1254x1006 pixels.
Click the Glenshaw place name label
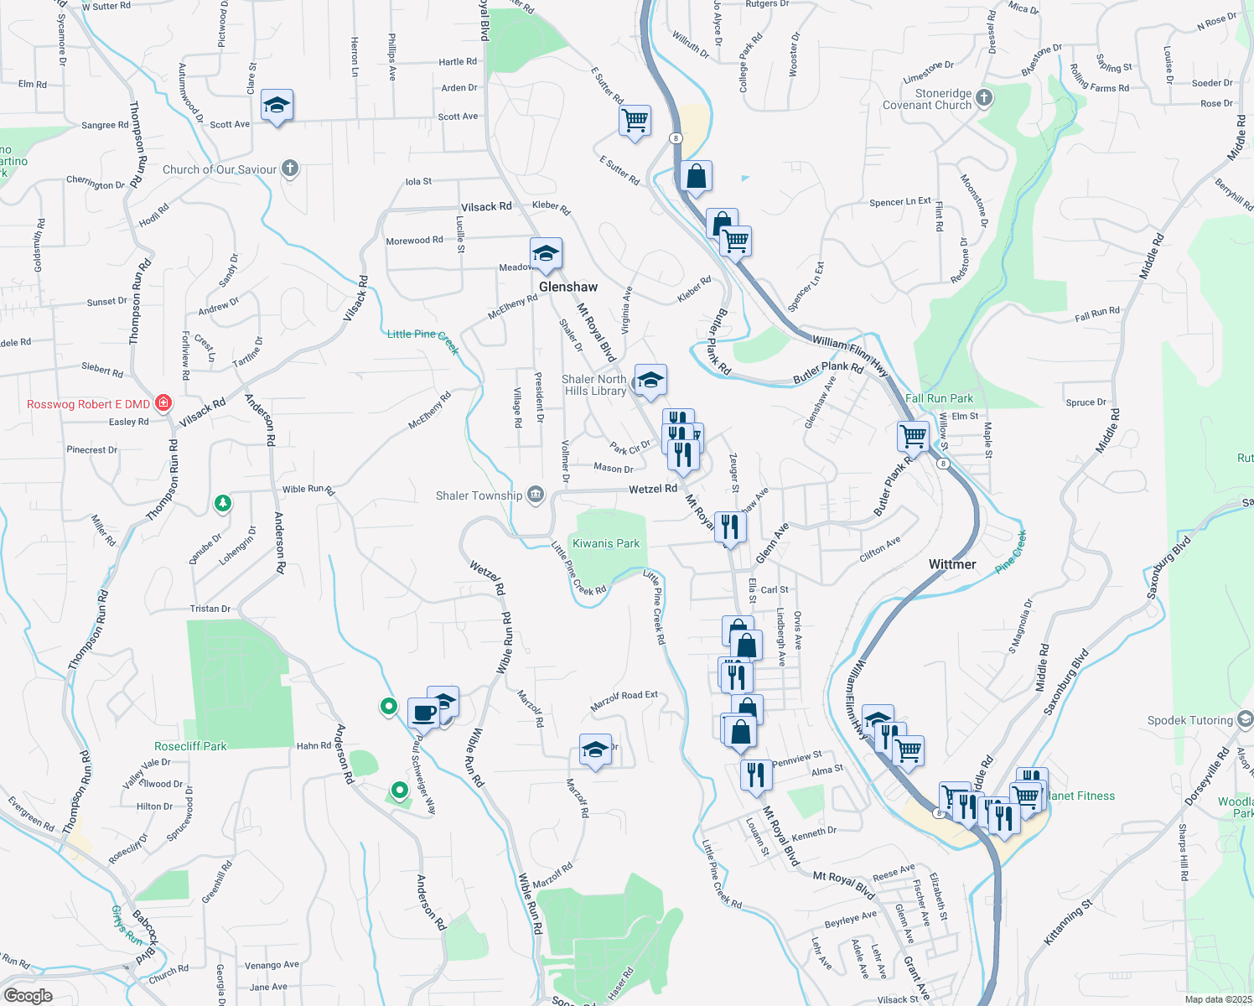(568, 287)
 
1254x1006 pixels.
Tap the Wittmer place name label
(952, 564)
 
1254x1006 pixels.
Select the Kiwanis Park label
(605, 543)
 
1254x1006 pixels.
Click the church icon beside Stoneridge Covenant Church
(984, 98)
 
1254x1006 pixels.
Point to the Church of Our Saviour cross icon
(290, 169)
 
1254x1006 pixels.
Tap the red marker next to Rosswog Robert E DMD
(163, 403)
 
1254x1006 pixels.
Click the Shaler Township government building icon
(536, 495)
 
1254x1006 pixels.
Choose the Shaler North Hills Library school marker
(650, 381)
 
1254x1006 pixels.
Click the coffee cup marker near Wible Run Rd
(424, 713)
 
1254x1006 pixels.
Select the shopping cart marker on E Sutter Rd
(635, 120)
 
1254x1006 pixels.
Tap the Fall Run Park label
(939, 398)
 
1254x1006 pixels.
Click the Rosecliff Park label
(190, 746)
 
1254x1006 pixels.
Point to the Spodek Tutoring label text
(1189, 720)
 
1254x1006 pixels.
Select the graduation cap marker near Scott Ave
(277, 106)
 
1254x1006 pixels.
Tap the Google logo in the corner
(28, 995)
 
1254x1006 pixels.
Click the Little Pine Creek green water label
(422, 335)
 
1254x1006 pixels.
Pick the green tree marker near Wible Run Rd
(222, 503)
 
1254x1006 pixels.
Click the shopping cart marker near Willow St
(913, 435)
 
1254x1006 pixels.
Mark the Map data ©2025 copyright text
(1218, 999)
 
